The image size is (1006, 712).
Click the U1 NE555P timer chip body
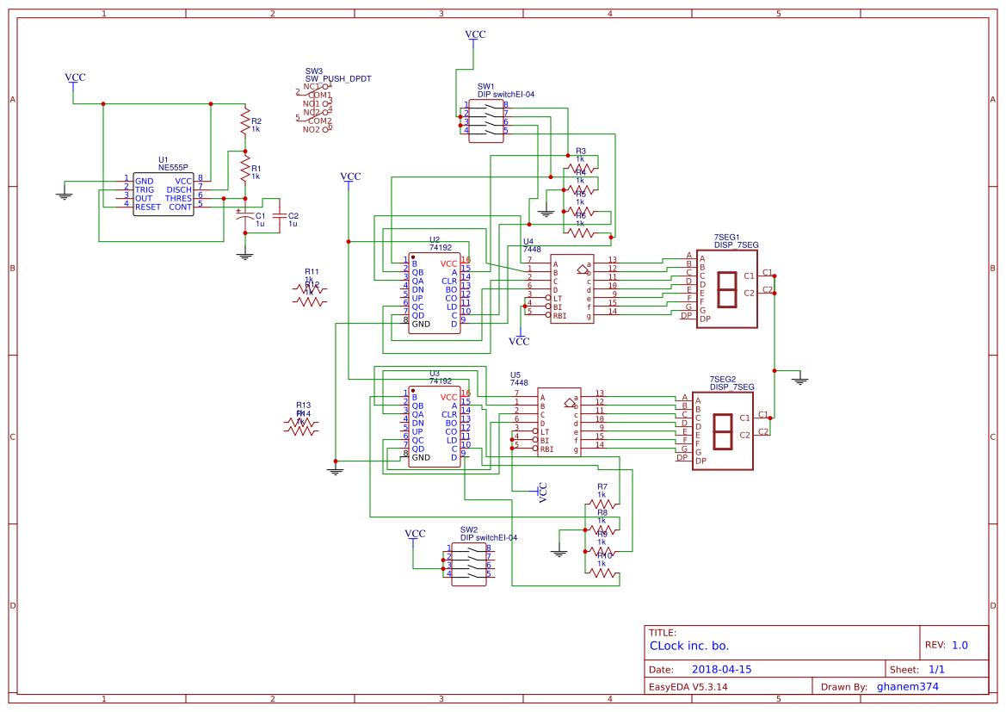pos(164,194)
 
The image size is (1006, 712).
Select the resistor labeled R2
pos(245,121)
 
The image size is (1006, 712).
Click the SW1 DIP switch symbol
pos(484,117)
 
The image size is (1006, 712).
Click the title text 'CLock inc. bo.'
pos(689,646)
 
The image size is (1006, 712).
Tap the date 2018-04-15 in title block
pos(721,669)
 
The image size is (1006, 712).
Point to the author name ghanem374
pos(907,686)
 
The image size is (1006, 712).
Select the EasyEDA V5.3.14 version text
pos(688,686)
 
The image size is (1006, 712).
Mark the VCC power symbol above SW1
pos(475,35)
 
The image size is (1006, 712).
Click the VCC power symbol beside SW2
pos(415,535)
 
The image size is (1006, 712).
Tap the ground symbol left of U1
pos(64,195)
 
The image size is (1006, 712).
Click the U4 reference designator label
pos(528,241)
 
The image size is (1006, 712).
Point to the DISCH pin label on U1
pos(179,189)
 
